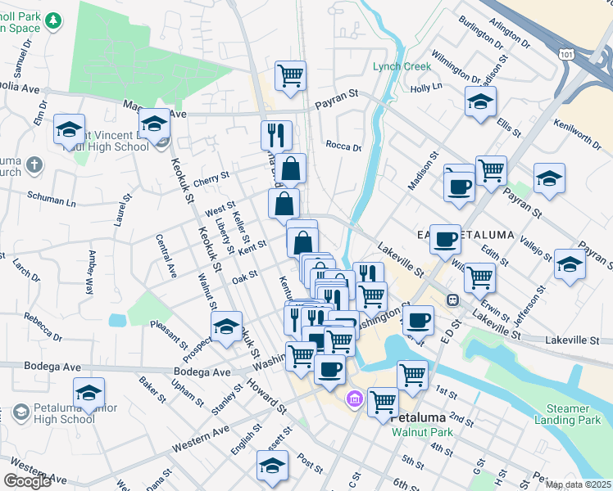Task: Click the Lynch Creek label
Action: tap(401, 66)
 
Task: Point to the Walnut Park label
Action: tap(421, 432)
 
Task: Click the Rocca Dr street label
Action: tap(343, 147)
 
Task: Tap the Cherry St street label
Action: tap(211, 176)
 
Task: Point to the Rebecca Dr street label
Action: tap(43, 327)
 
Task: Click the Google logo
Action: tap(27, 481)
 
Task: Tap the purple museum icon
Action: tap(354, 399)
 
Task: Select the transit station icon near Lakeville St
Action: tap(452, 300)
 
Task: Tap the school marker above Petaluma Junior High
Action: tap(89, 392)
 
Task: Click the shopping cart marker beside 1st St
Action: tap(412, 375)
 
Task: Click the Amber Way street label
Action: tap(89, 268)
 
